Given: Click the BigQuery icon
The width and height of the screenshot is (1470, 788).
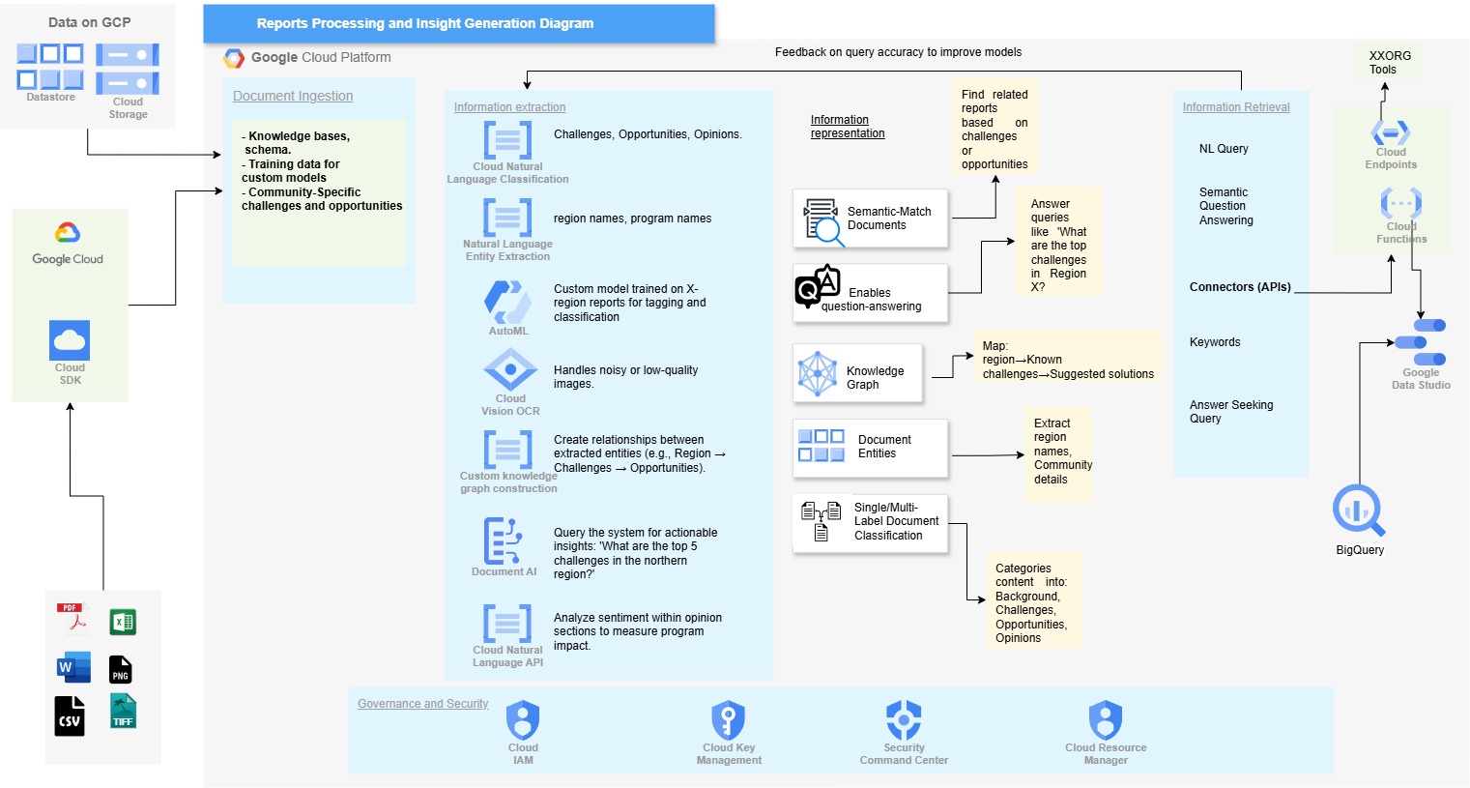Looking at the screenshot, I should pyautogui.click(x=1358, y=510).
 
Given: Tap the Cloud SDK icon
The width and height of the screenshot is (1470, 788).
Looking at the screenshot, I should pyautogui.click(x=70, y=340).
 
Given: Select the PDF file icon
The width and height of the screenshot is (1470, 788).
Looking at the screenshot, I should pyautogui.click(x=72, y=617).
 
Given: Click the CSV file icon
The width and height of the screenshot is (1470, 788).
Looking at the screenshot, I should pyautogui.click(x=70, y=716).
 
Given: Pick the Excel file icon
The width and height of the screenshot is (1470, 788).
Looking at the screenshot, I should pyautogui.click(x=123, y=622).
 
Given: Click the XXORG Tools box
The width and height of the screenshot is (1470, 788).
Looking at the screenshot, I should pyautogui.click(x=1389, y=63).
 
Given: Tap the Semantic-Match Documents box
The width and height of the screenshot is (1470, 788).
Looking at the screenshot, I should pyautogui.click(x=870, y=219).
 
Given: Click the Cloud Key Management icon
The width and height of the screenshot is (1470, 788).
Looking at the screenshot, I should pyautogui.click(x=728, y=720).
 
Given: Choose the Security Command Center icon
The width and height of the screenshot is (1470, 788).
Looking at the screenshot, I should pyautogui.click(x=904, y=720).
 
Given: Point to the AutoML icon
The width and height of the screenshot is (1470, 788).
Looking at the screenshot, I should pyautogui.click(x=507, y=302).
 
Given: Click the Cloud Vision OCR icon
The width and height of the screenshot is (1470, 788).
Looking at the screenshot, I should pyautogui.click(x=510, y=370).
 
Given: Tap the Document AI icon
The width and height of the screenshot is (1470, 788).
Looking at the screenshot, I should pyautogui.click(x=503, y=540).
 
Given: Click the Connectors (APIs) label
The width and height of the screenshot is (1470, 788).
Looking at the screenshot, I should pyautogui.click(x=1240, y=287).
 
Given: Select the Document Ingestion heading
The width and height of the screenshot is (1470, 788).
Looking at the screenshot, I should pyautogui.click(x=293, y=96).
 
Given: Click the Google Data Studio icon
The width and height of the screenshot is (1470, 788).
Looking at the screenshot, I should pyautogui.click(x=1421, y=342).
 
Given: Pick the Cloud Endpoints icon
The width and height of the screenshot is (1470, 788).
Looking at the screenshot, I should pyautogui.click(x=1391, y=132).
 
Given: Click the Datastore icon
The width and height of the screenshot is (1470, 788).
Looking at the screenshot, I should pyautogui.click(x=50, y=67).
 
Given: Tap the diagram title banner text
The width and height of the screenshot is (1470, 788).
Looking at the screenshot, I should pyautogui.click(x=425, y=23).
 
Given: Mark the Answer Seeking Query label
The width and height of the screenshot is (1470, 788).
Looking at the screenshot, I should pyautogui.click(x=1230, y=412).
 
